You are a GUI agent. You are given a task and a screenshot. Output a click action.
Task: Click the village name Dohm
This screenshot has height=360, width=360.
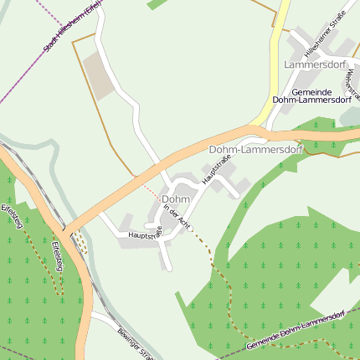176,199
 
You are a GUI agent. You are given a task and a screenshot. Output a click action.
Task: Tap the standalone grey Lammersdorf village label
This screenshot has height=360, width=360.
315,64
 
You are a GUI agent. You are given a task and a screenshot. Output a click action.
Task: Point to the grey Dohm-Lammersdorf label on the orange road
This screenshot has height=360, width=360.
255,149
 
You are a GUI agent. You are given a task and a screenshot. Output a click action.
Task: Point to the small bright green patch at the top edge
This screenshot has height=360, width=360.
156,4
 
